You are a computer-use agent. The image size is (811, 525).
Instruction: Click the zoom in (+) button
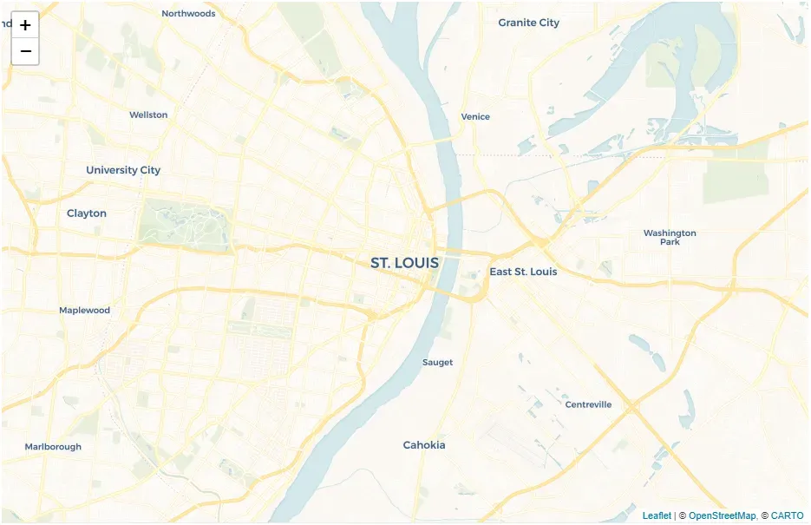pyautogui.click(x=25, y=25)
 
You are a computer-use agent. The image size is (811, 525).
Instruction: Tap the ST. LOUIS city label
pyautogui.click(x=404, y=263)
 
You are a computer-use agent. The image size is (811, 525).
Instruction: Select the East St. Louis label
pyautogui.click(x=523, y=272)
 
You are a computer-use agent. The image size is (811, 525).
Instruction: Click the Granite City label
pyautogui.click(x=528, y=23)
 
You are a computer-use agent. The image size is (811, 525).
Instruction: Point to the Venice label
pyautogui.click(x=475, y=116)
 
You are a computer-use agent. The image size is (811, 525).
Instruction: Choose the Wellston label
pyautogui.click(x=148, y=115)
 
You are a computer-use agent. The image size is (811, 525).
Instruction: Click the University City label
pyautogui.click(x=123, y=170)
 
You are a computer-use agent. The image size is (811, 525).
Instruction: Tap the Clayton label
pyautogui.click(x=87, y=213)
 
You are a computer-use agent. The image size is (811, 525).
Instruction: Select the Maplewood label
pyautogui.click(x=84, y=310)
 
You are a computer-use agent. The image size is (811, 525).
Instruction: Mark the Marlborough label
pyautogui.click(x=53, y=447)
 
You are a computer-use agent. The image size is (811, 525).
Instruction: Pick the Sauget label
pyautogui.click(x=437, y=362)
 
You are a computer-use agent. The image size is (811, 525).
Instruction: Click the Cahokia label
pyautogui.click(x=424, y=445)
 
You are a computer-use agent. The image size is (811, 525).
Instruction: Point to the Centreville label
pyautogui.click(x=588, y=404)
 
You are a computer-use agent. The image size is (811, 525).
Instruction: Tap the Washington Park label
pyautogui.click(x=670, y=237)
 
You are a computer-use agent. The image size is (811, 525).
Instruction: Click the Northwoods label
pyautogui.click(x=188, y=13)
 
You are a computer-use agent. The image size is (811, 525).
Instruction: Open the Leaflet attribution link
pyautogui.click(x=657, y=515)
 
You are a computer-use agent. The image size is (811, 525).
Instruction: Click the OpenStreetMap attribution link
pyautogui.click(x=722, y=515)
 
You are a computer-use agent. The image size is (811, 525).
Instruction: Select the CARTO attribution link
pyautogui.click(x=788, y=515)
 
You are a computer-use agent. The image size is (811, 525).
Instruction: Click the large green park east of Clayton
pyautogui.click(x=185, y=222)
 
